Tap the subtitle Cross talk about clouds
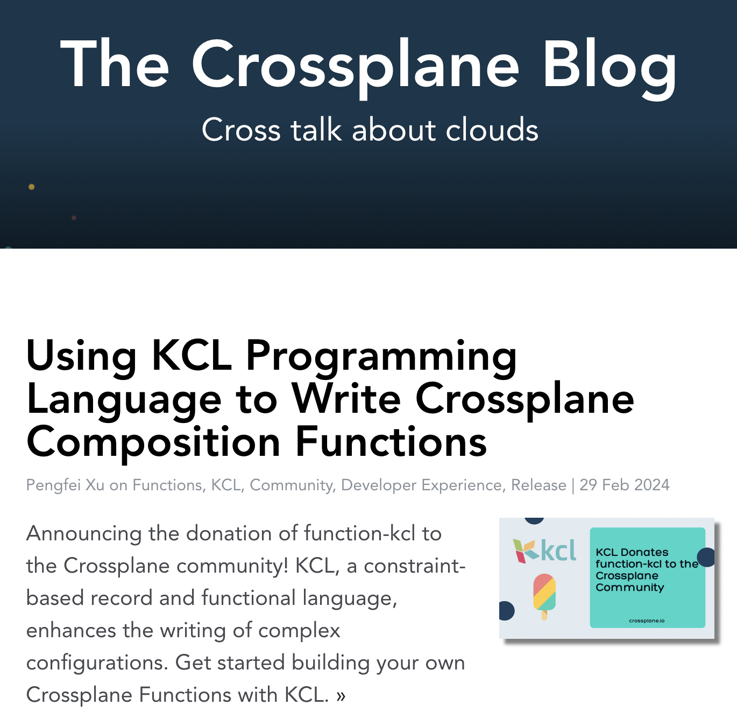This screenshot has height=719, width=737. [x=370, y=130]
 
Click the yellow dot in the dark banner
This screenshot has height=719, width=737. [x=31, y=187]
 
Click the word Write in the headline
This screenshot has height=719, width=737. [x=346, y=399]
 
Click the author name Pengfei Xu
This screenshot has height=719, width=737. [x=65, y=485]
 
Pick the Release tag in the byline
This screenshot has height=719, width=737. [x=538, y=485]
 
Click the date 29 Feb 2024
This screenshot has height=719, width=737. [x=625, y=485]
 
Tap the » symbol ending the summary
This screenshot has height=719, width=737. [x=341, y=696]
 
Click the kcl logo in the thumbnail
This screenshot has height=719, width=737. [x=544, y=551]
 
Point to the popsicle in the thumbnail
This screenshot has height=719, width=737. [x=544, y=597]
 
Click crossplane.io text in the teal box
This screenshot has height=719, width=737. [x=647, y=621]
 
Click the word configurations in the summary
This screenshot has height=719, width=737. [x=97, y=664]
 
